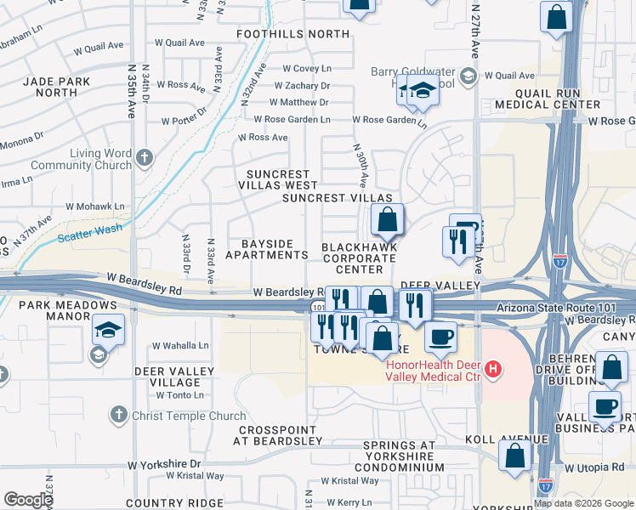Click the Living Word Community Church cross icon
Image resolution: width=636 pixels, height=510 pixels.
[x=145, y=157]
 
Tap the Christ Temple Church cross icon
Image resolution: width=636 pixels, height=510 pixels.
[x=118, y=414]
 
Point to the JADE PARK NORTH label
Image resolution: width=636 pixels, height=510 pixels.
[x=57, y=86]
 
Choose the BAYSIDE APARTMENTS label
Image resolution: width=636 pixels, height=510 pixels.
[x=266, y=249]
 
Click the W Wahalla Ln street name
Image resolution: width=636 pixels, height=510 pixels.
[x=180, y=346]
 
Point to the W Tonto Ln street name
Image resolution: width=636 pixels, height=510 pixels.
[x=178, y=395]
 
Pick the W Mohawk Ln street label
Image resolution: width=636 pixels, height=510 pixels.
[x=96, y=207]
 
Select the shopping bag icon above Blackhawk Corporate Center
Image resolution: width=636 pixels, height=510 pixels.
[x=387, y=220]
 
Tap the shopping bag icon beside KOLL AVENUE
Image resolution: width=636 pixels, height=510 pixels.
[x=515, y=456]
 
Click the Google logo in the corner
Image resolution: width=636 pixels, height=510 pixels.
[x=28, y=499]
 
